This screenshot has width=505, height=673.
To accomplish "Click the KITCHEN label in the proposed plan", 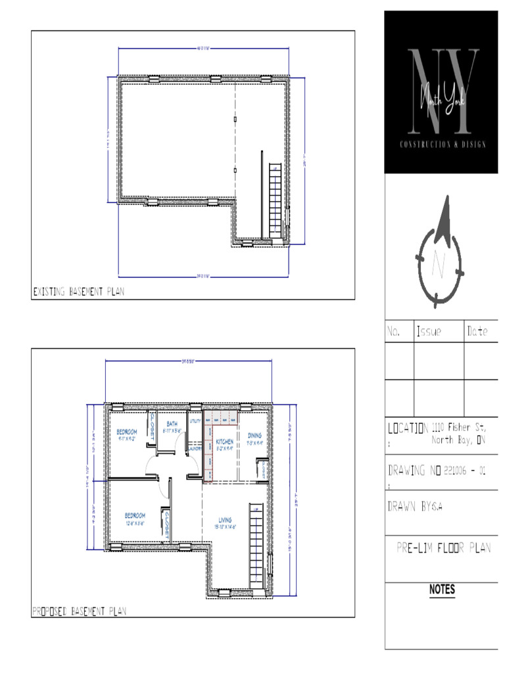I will pos(225,442).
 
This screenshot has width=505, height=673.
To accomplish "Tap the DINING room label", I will pos(254,435).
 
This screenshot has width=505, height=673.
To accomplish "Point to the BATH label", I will pos(172,424).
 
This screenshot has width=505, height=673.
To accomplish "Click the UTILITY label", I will pos(195,421).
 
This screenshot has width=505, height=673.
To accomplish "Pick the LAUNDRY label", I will pos(195,449).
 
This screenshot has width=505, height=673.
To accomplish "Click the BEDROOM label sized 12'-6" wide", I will pos(135,515).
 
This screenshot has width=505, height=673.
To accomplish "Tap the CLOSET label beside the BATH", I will pos(153,427).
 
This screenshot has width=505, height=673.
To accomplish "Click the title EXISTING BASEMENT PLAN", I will pos(78,290).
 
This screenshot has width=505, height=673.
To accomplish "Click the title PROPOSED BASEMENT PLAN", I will pos(80,611).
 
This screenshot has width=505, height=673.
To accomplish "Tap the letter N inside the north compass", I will pos(439,266).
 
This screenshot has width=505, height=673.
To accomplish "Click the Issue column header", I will pos(429,333).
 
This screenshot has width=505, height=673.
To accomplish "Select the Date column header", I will pos(477,333).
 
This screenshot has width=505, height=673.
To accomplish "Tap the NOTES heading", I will pos(442,590).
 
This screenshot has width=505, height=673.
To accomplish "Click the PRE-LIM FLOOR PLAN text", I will pos(443,548).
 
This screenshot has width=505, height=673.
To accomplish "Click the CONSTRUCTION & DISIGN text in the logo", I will pos(442,145).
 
